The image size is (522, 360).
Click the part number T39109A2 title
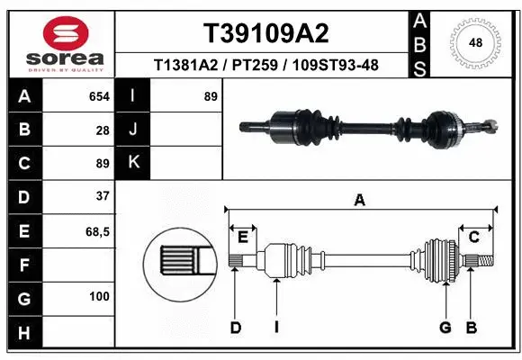[x=265, y=33]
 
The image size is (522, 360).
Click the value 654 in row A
[x=99, y=96]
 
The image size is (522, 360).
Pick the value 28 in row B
[x=103, y=130]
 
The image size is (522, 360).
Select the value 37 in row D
[x=102, y=195]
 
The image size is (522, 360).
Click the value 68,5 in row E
[x=97, y=231]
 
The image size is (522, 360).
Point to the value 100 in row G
[x=99, y=296]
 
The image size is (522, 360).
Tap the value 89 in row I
[x=211, y=96]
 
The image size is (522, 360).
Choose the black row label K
[x=133, y=162]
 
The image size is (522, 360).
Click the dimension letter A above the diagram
[x=360, y=201]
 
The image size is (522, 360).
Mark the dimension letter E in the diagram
[x=243, y=237]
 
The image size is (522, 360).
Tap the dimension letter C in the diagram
[x=473, y=237]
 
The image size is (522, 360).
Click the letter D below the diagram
[x=235, y=328]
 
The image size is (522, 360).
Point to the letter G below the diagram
[x=445, y=328]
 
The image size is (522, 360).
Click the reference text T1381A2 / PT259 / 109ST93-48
[x=265, y=65]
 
